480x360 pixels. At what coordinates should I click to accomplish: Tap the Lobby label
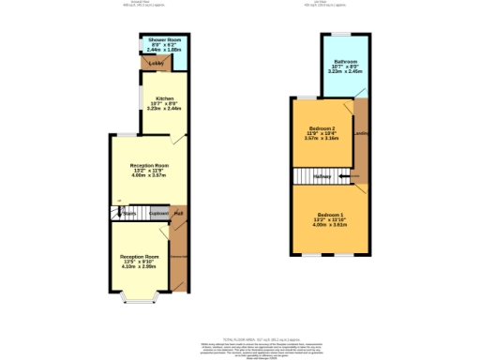(156, 64)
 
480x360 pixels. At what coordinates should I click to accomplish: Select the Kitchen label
(165, 97)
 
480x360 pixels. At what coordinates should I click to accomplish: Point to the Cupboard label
(157, 214)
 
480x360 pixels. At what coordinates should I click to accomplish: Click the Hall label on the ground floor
(177, 214)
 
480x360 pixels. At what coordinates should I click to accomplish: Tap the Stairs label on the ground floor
(129, 214)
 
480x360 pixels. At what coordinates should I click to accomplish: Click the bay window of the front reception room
(140, 299)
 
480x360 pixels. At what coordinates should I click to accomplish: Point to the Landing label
(361, 134)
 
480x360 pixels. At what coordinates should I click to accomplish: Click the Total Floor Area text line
(239, 339)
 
